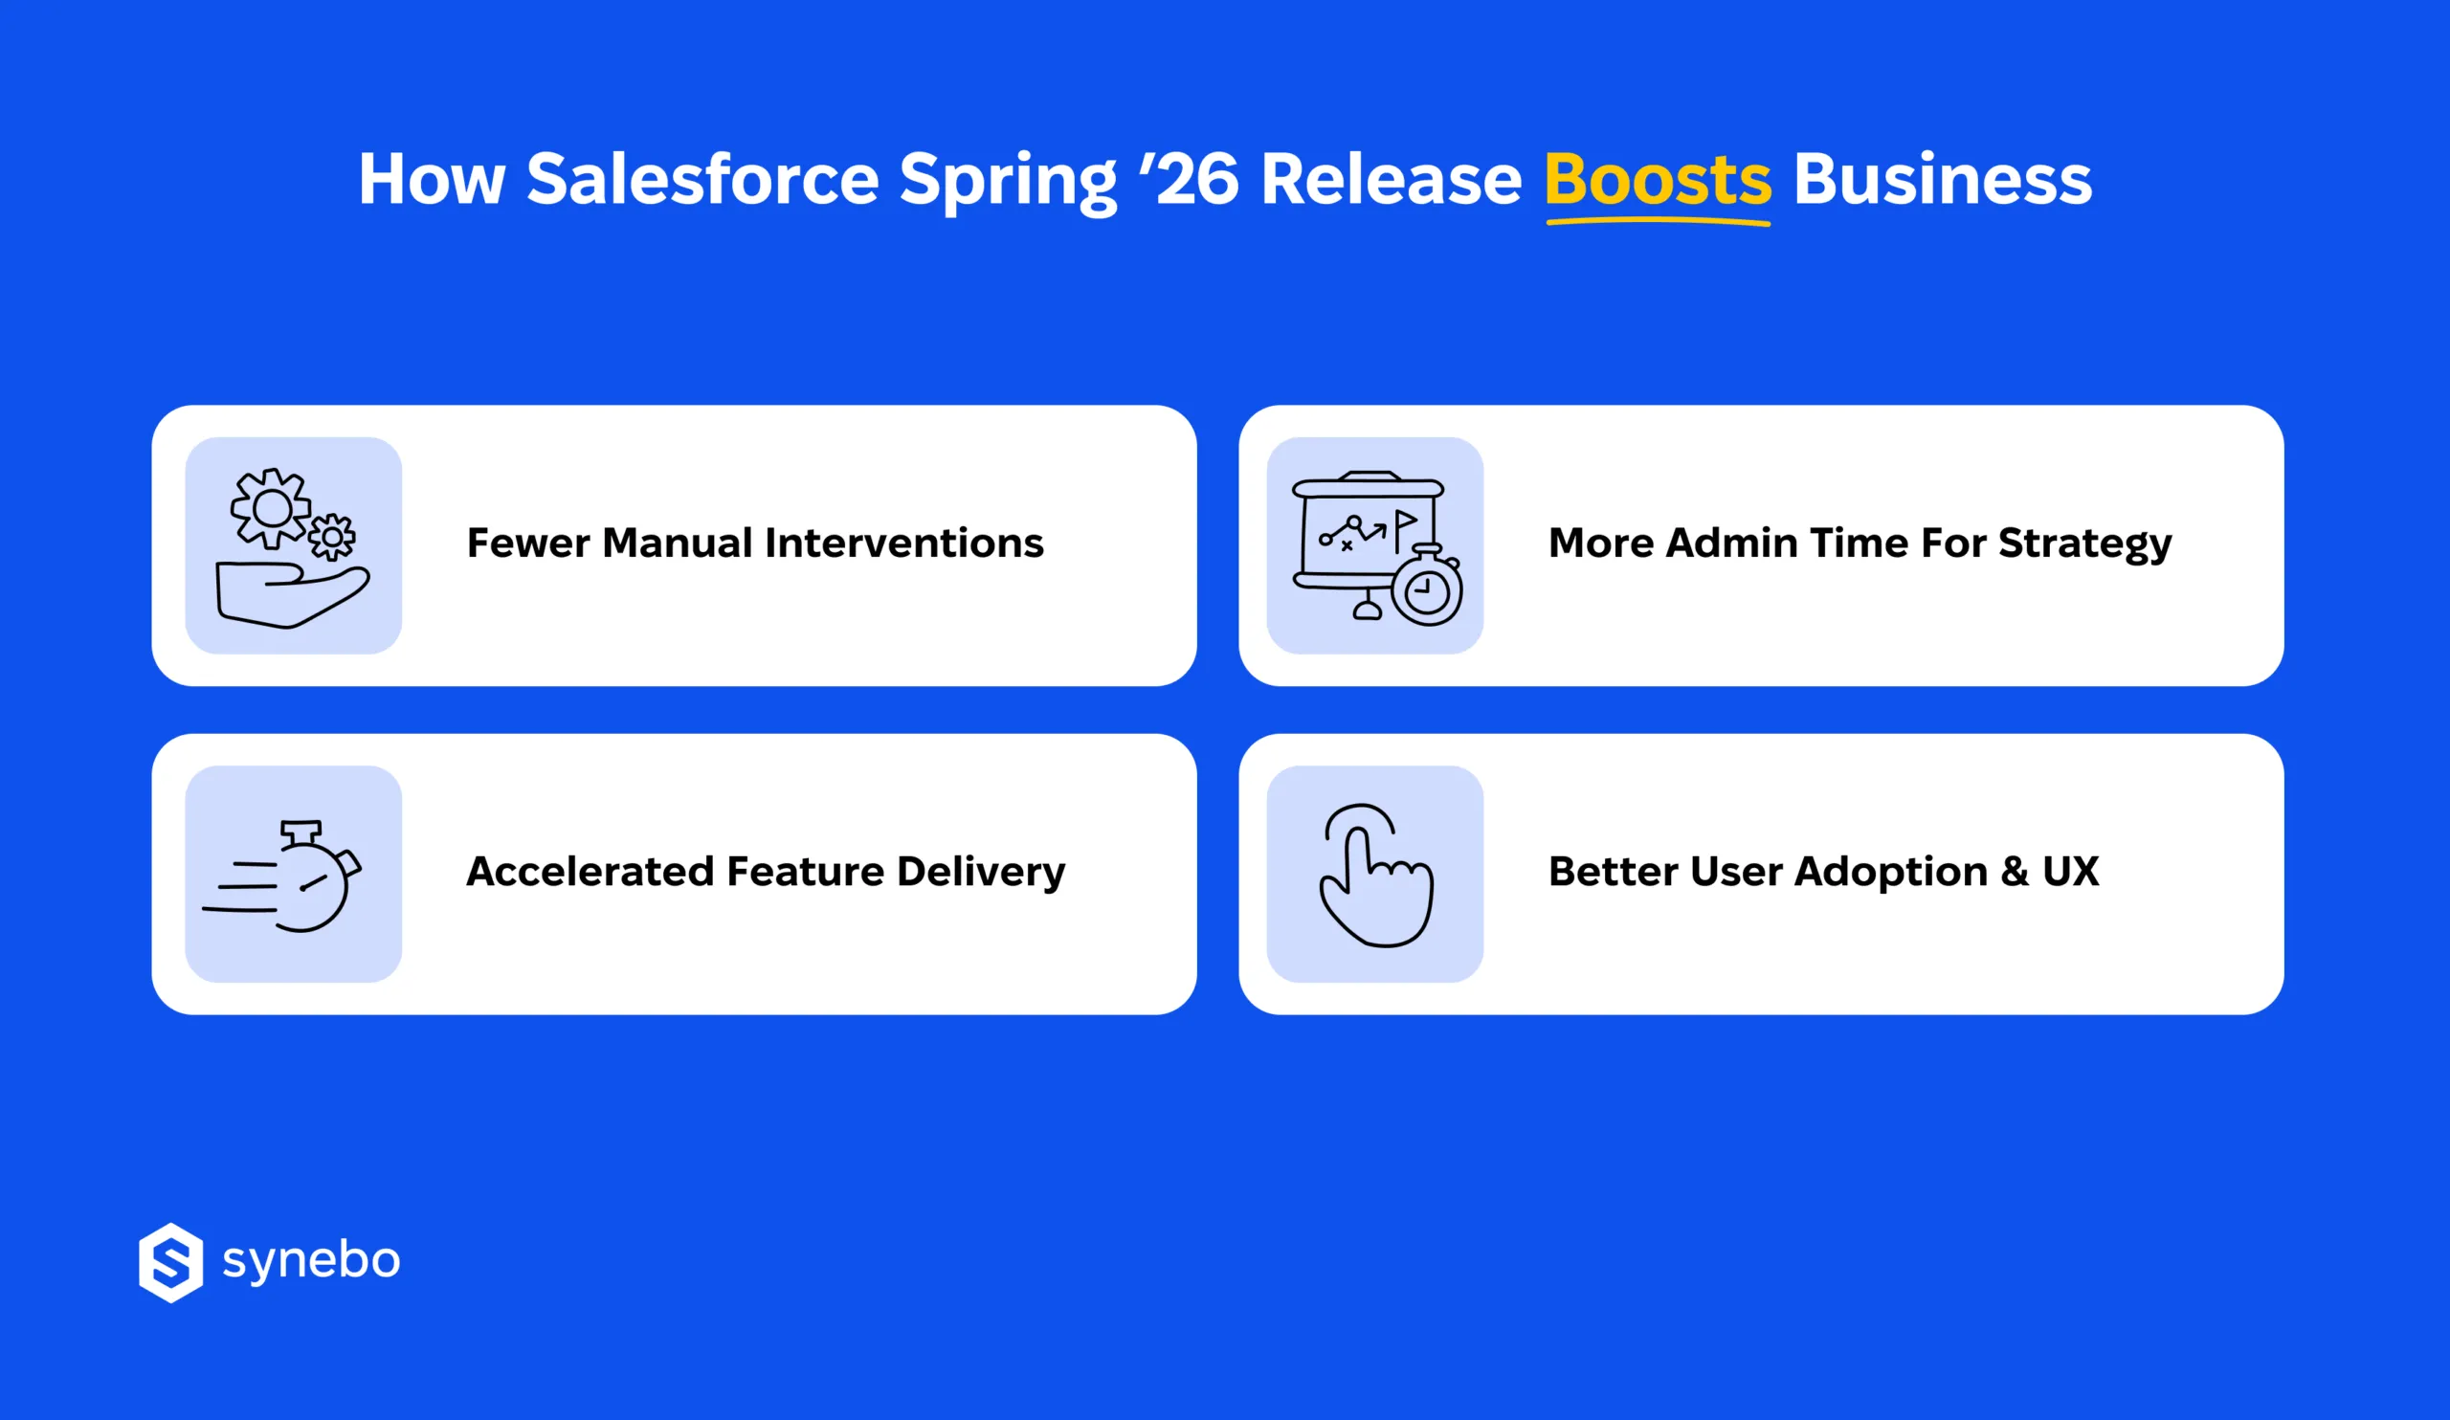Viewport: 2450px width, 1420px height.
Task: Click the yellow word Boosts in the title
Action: [1657, 180]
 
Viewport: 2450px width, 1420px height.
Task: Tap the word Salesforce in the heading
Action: [702, 180]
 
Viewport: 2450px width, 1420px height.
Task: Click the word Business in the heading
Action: [1942, 180]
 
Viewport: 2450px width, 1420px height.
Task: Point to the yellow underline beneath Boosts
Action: [1657, 223]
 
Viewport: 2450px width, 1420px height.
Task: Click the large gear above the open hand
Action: [270, 508]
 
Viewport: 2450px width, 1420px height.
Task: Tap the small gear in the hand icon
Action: [332, 537]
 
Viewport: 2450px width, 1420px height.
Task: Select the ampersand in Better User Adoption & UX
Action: [2015, 871]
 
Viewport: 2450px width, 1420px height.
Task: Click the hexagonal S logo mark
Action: [171, 1261]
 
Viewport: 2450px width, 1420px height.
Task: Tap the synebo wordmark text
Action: [311, 1261]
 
